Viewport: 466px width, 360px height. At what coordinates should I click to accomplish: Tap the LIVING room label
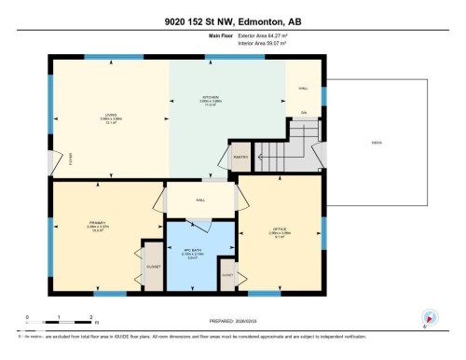click(110, 117)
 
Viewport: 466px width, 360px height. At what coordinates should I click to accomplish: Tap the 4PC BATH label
click(192, 252)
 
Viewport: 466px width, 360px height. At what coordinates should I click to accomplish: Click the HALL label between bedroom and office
click(200, 200)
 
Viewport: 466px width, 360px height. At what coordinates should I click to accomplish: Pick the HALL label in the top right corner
click(303, 89)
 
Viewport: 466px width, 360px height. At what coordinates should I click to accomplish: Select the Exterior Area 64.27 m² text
click(263, 35)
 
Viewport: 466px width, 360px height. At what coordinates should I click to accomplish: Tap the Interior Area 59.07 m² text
click(262, 42)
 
